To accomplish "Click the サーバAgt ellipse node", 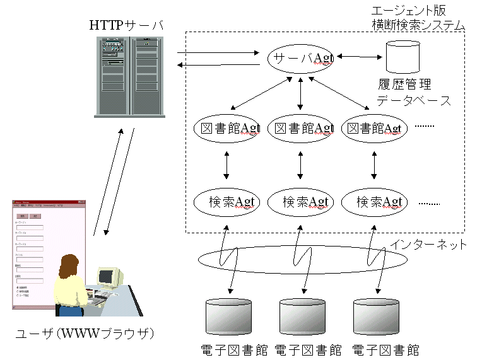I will pyautogui.click(x=300, y=58).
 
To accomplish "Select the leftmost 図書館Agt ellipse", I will pyautogui.click(x=226, y=129).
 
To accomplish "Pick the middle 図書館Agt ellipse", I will pyautogui.click(x=300, y=129).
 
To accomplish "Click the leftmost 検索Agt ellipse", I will pyautogui.click(x=226, y=202).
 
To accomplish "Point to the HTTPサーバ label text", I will pyautogui.click(x=126, y=26).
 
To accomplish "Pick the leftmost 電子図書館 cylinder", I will pyautogui.click(x=229, y=318).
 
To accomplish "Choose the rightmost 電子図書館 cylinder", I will pyautogui.click(x=376, y=318).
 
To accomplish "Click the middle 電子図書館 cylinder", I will pyautogui.click(x=302, y=318).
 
